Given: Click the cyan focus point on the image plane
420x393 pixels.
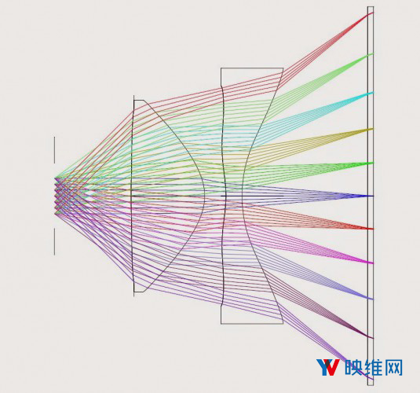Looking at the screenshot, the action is [371, 93].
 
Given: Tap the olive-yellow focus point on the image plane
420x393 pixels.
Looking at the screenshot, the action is [371, 130].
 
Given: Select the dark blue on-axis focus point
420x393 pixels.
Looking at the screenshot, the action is [371, 196].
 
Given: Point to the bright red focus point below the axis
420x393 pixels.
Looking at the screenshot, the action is [371, 229].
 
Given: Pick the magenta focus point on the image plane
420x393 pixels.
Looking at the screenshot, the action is [371, 263].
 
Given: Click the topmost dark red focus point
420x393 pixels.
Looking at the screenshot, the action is [371, 13].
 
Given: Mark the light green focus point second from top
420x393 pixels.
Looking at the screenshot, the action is [371, 54].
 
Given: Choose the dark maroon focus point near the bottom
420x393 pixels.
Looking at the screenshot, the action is [371, 337].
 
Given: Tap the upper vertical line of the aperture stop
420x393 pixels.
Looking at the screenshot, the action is [55, 150].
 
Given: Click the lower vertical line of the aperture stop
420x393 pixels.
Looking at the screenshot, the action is [55, 241].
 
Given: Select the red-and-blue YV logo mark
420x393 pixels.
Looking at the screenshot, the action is [328, 367].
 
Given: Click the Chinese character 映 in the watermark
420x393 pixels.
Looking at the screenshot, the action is [354, 368].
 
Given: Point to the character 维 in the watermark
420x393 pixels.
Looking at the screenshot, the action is [374, 368].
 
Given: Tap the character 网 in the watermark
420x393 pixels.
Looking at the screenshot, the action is [394, 368].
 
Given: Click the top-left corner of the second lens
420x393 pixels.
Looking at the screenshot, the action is [221, 68].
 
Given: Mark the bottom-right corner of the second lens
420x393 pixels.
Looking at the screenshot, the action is [283, 324].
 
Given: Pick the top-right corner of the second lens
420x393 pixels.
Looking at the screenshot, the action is [283, 68].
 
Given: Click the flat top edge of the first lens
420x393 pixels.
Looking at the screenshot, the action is [139, 101].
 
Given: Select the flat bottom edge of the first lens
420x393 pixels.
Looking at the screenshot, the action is [139, 292].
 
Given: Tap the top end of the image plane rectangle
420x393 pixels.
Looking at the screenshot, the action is [371, 7].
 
